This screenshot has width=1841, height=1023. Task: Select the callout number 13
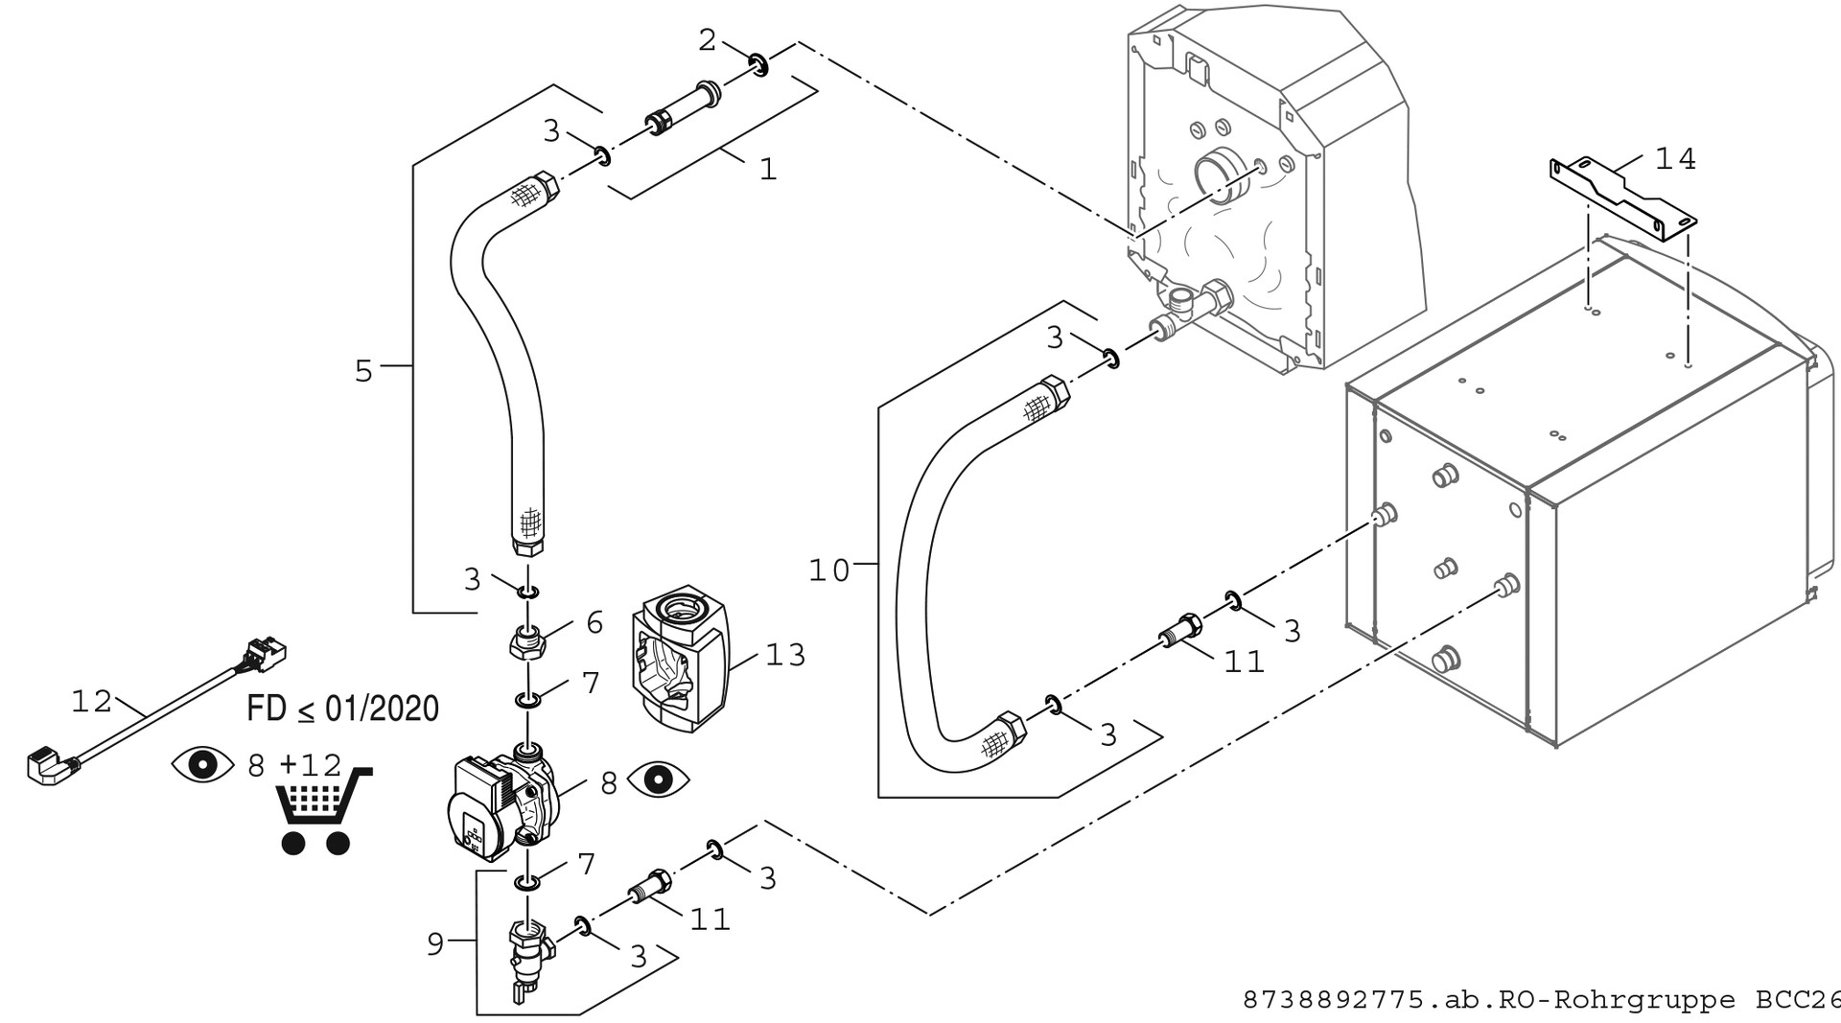click(x=785, y=656)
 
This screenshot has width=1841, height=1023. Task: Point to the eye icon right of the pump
click(x=658, y=779)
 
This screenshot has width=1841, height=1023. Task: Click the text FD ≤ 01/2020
click(x=342, y=709)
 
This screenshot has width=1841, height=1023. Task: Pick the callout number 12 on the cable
click(x=92, y=702)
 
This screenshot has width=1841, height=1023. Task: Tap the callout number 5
click(x=363, y=371)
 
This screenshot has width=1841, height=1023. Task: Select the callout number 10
click(x=829, y=571)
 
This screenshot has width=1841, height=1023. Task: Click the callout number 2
click(x=707, y=40)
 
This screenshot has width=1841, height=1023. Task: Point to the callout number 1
click(x=767, y=170)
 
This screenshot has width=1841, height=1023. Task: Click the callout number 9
click(x=435, y=944)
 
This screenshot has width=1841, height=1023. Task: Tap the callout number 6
click(x=594, y=623)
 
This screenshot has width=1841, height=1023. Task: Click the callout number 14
click(x=1675, y=159)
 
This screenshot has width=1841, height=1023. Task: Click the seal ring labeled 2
click(x=759, y=65)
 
